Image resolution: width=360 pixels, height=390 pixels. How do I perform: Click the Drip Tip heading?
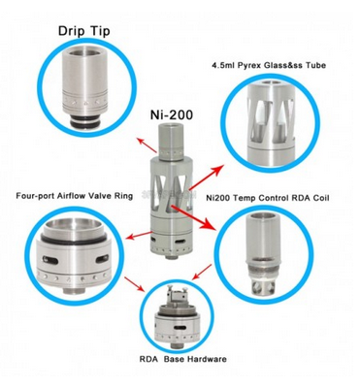coord(84,31)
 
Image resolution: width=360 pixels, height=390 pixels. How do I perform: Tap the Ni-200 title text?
coord(172,114)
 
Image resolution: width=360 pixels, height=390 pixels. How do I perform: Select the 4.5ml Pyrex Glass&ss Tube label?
coord(269,65)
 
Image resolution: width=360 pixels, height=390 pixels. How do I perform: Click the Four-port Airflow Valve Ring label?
coord(75,196)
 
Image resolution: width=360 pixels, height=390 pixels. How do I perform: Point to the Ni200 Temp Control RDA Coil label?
coord(268,198)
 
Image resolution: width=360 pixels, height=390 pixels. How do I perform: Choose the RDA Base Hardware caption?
coord(182,359)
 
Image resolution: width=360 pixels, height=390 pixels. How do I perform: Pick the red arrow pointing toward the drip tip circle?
coord(147,146)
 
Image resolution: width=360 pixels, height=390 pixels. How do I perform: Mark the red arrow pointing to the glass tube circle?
coord(207,178)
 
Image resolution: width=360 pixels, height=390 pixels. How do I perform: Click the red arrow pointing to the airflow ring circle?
coord(139,235)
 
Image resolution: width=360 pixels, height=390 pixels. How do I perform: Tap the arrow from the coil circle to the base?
coord(202,273)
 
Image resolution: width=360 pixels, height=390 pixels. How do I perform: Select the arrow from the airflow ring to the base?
coord(135,284)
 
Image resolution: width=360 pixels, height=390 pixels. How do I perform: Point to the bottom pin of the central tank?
coord(170,256)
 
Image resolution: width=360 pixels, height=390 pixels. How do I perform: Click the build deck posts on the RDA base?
coord(177,294)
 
